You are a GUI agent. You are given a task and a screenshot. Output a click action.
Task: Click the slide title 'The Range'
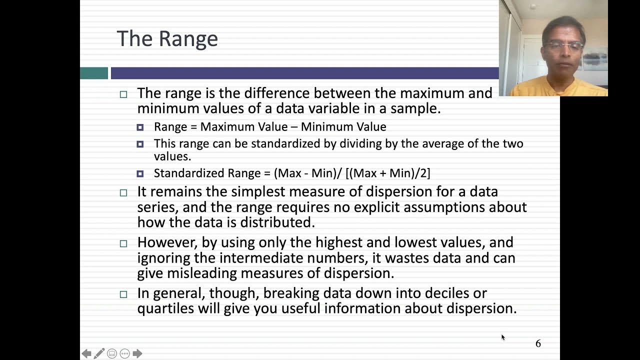tap(167, 39)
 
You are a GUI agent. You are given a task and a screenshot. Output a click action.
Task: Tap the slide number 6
tap(538, 343)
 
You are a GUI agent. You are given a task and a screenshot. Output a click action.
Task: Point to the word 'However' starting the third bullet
tap(167, 242)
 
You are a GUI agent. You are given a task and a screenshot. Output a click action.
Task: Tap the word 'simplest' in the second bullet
tap(257, 192)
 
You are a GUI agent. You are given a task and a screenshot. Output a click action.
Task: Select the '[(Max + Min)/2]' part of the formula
tap(387, 173)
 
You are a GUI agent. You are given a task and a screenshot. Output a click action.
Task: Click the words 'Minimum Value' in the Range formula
tap(343, 127)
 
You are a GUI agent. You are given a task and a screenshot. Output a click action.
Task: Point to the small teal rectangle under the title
tap(94, 73)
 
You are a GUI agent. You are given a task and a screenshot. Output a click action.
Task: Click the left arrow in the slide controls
tap(86, 353)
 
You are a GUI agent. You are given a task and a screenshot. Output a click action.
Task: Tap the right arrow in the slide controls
tap(137, 353)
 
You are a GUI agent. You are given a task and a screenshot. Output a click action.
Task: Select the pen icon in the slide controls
tap(99, 353)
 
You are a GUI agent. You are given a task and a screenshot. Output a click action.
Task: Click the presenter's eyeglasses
tap(564, 46)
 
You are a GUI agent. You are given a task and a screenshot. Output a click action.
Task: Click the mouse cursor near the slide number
tap(502, 337)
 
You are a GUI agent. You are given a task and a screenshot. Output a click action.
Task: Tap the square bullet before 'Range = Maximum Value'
tap(140, 127)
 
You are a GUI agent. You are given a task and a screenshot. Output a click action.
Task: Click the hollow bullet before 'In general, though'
tap(123, 294)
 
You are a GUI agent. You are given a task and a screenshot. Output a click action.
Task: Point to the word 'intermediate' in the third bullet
tap(258, 258)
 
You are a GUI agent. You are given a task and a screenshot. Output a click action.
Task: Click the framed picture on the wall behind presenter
tap(595, 60)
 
